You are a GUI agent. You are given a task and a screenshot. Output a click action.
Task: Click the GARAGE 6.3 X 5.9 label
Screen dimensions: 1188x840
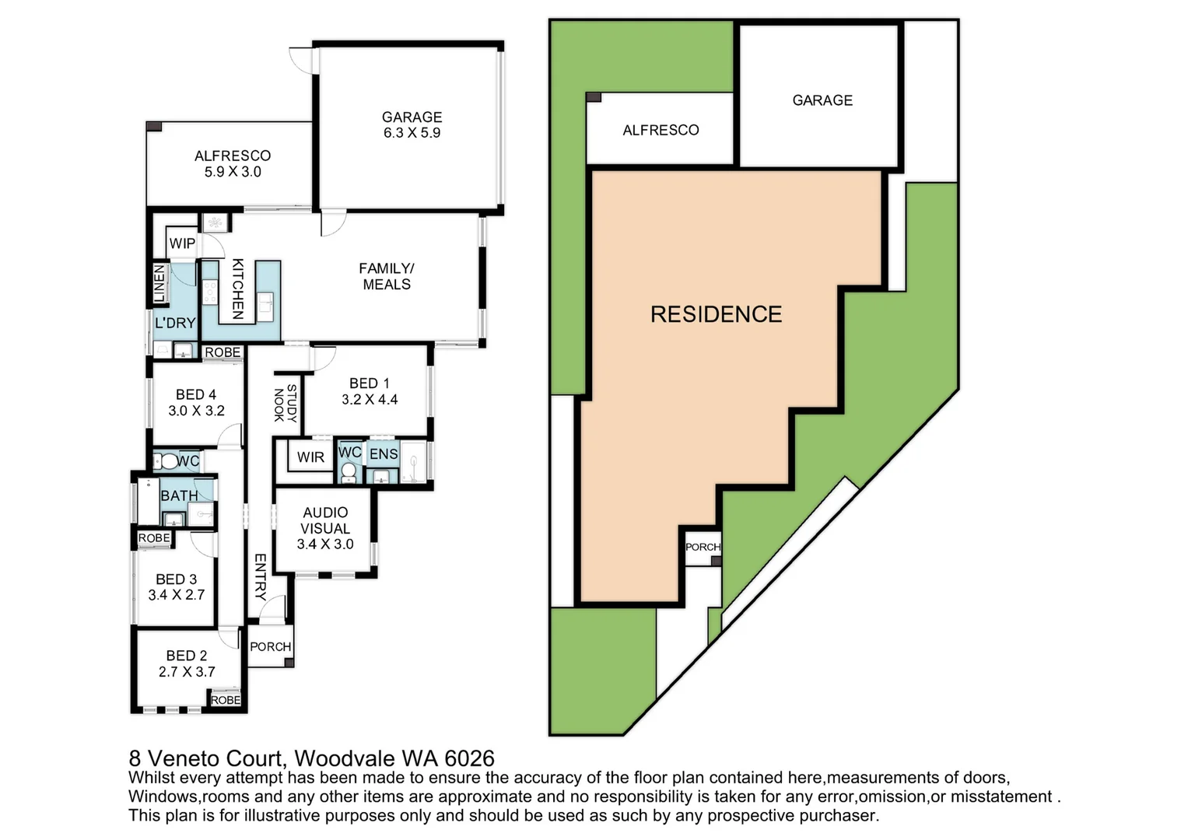(412, 124)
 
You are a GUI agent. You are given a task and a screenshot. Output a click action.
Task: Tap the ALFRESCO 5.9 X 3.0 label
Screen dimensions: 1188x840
(233, 163)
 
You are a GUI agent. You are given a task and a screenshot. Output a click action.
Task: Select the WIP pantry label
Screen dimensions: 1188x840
(182, 243)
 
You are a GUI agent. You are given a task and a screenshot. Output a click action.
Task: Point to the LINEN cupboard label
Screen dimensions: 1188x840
(159, 283)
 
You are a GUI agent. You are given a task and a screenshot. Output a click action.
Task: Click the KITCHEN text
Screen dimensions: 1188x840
(238, 289)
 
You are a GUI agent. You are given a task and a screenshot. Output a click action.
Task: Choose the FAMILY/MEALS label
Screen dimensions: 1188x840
(387, 276)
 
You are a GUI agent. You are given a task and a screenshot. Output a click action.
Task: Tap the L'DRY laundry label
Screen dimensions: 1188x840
(175, 323)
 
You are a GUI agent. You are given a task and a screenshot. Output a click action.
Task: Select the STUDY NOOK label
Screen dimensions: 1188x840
(286, 403)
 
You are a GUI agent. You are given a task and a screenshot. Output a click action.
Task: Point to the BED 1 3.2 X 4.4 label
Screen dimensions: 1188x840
(370, 391)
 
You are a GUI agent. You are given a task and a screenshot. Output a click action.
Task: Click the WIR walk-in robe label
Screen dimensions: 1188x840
(310, 457)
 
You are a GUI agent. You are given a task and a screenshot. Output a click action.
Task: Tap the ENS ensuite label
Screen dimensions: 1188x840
(384, 454)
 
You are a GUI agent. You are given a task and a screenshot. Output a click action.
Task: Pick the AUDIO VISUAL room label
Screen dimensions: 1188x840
(325, 528)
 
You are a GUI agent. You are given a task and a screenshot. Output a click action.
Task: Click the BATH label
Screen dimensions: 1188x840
(179, 495)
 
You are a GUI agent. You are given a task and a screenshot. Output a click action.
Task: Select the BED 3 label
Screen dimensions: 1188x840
(177, 586)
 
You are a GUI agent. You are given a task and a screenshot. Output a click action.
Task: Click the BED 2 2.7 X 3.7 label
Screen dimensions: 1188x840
(187, 663)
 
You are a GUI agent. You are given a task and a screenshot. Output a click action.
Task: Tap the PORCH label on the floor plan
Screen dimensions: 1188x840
(271, 646)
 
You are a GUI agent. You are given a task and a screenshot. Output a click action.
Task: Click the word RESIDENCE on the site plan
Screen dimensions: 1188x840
(716, 314)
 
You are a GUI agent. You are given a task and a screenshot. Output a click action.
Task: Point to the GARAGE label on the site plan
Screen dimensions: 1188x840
(822, 100)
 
